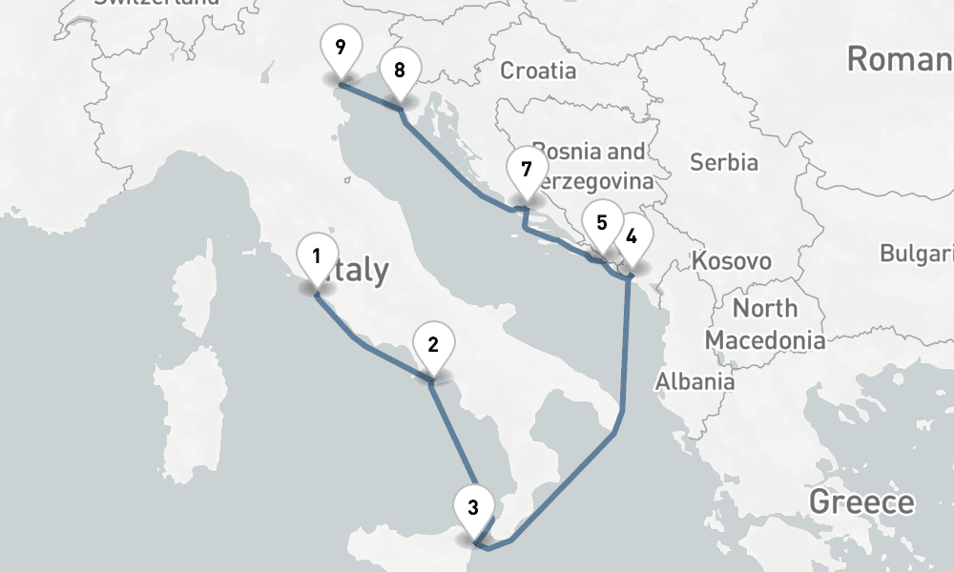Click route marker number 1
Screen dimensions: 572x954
pos(316,256)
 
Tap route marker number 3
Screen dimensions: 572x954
pos(473,506)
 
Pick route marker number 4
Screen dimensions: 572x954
pos(631,235)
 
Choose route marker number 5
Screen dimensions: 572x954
pos(601,224)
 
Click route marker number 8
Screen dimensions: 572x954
pos(399,71)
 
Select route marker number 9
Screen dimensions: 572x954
pos(341,47)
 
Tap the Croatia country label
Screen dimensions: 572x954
pos(538,71)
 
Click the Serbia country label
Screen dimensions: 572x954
pos(723,162)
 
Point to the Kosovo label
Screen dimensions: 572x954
pos(732,261)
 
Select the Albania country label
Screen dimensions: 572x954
pos(695,382)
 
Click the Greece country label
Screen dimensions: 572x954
pos(861,501)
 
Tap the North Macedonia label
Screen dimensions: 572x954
pos(764,324)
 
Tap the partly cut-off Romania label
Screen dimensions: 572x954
pos(899,59)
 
